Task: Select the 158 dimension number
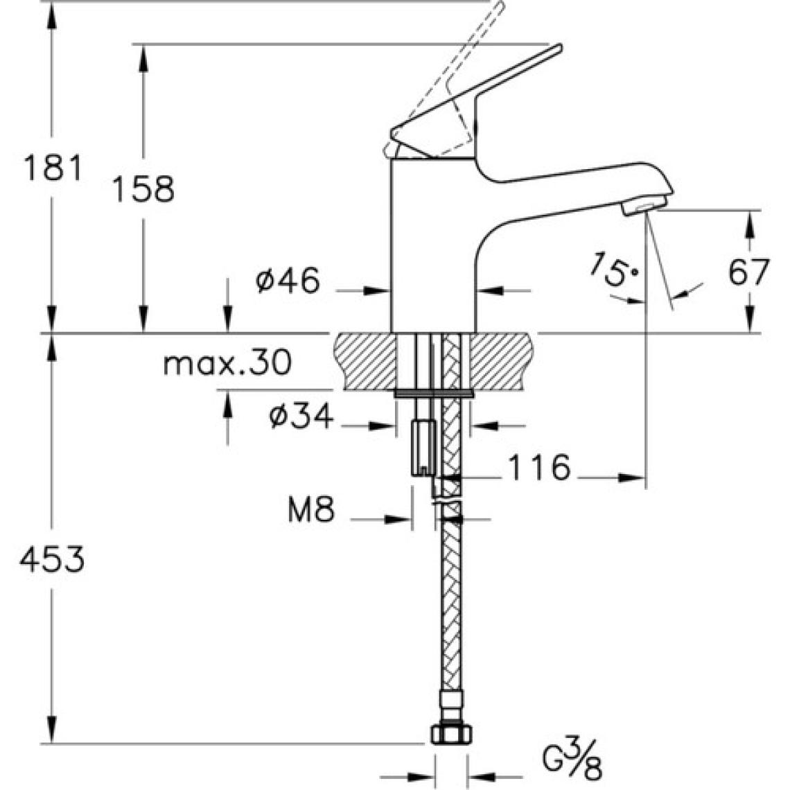(143, 189)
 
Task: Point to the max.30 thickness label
(227, 362)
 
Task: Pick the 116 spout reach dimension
(539, 467)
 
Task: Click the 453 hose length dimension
(52, 560)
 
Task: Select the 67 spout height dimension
(748, 272)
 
